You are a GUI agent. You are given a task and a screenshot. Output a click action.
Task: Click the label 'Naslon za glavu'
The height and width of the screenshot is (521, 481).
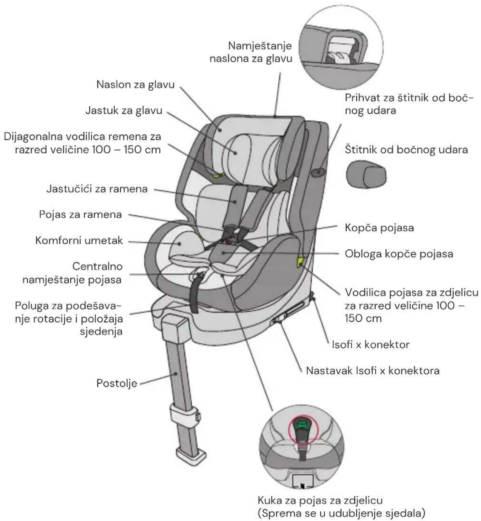pos(135,85)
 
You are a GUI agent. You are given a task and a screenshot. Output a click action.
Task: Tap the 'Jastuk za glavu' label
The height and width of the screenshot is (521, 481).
pos(124,110)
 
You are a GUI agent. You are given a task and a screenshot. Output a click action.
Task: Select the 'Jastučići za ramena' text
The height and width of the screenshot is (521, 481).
pos(97,189)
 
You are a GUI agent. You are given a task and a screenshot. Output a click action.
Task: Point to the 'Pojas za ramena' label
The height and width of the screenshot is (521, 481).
pos(80,215)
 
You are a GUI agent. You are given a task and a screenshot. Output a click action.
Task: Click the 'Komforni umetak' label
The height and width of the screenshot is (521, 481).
pos(79,241)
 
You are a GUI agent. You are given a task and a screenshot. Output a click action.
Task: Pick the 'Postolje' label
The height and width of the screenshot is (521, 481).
pos(117,383)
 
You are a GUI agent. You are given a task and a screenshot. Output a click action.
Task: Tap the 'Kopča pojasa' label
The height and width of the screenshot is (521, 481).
pos(379,228)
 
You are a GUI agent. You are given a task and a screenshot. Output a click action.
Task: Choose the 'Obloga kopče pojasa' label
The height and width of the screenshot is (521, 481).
pos(399,254)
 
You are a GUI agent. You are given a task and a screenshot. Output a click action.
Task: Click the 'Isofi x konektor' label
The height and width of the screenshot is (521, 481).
pos(371,345)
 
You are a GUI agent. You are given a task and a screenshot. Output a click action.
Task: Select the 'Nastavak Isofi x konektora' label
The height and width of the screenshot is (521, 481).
pos(373,371)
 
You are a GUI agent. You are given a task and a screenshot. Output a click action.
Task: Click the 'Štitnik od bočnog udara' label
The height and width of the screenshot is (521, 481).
pos(406,149)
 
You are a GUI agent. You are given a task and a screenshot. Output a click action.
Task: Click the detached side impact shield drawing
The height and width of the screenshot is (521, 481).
pos(366,174)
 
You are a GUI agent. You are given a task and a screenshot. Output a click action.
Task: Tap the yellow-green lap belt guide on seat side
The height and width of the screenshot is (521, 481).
pos(300,262)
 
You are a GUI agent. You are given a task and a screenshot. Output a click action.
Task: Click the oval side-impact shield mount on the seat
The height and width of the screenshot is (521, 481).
pos(318,172)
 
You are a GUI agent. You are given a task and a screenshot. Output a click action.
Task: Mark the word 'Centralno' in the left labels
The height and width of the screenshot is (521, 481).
pos(97,267)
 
